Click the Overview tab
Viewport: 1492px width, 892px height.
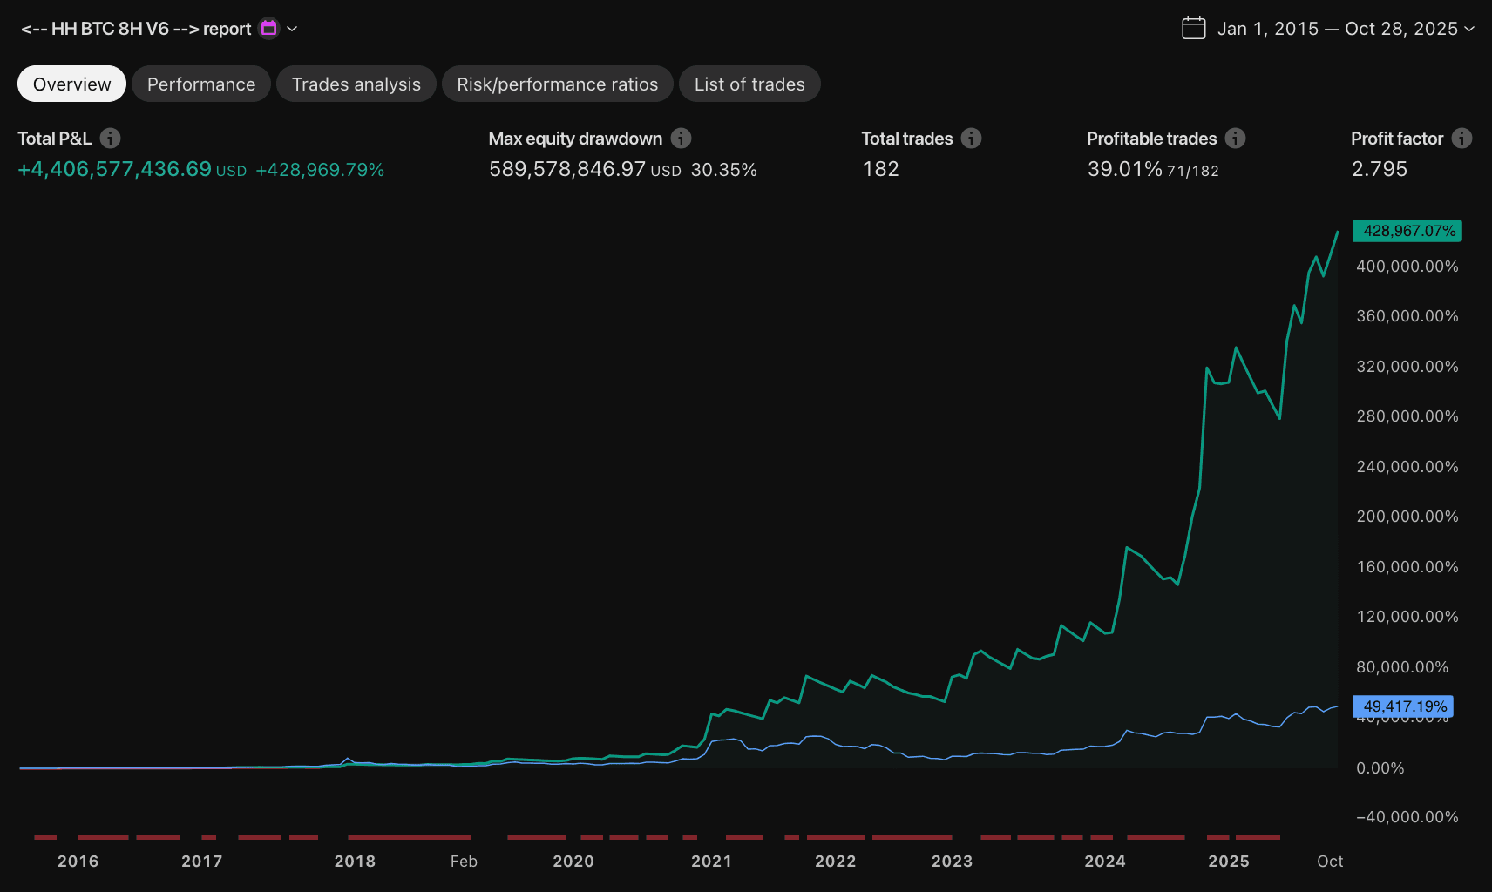pos(71,84)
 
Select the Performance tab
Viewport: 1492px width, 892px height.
pos(201,84)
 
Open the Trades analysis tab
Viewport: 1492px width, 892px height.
pos(356,84)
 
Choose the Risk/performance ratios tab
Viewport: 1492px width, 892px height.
pos(557,84)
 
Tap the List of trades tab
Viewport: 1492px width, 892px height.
pos(749,84)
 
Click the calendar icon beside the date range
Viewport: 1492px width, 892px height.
pos(1193,28)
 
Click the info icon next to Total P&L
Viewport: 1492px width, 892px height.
pos(110,139)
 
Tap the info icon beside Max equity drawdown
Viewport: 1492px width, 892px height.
pos(682,139)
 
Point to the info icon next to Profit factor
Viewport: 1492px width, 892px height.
pos(1461,139)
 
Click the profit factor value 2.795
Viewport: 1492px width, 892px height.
pos(1379,169)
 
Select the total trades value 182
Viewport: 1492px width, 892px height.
pos(880,169)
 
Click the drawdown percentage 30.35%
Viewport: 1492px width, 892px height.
pos(723,170)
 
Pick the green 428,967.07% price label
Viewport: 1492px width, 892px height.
pos(1407,231)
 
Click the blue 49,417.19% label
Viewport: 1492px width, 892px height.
pos(1403,706)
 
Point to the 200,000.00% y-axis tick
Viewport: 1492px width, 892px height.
pos(1407,517)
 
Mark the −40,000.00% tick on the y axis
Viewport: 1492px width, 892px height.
pos(1407,817)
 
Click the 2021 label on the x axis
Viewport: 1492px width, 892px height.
pos(711,862)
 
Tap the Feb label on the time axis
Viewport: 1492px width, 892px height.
pos(464,862)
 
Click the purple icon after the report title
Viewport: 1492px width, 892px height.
pos(269,29)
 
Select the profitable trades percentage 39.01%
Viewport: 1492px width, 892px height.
pos(1124,169)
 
